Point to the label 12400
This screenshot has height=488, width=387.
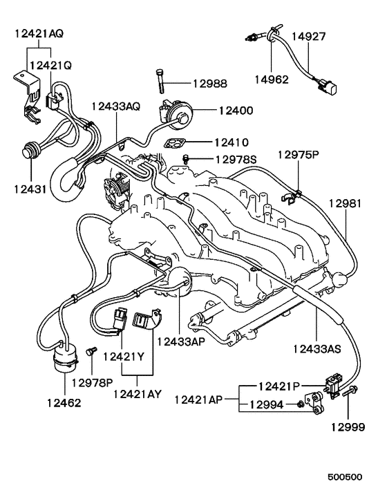(236, 110)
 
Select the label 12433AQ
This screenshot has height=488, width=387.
(116, 106)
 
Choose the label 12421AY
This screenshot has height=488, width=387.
(137, 395)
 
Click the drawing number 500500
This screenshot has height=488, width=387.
(345, 477)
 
